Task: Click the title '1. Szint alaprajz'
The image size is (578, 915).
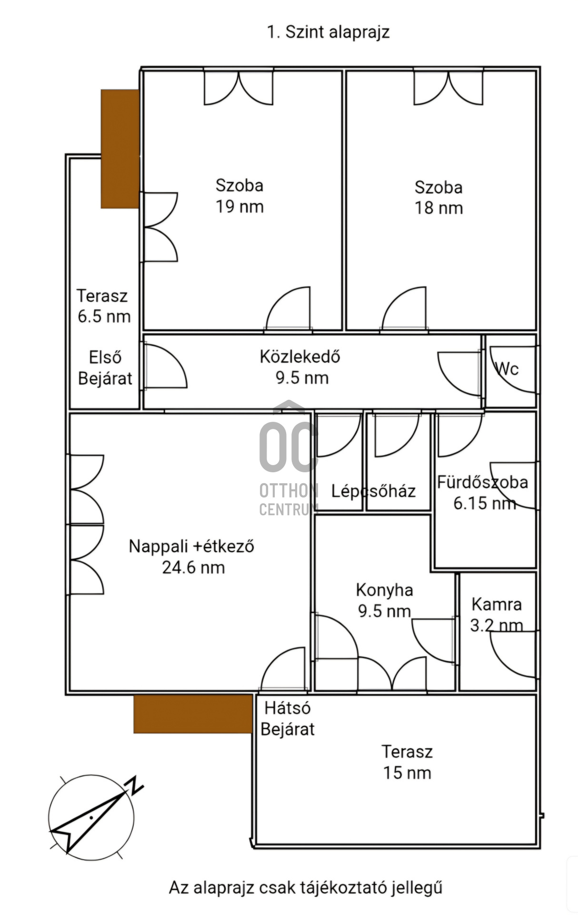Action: click(328, 32)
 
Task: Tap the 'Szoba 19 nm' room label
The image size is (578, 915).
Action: click(239, 196)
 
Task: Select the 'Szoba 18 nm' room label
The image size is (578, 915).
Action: click(438, 198)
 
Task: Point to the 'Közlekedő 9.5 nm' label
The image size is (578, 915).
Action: click(300, 367)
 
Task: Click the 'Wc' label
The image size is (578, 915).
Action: click(507, 368)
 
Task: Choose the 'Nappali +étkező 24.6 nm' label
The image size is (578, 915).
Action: click(192, 557)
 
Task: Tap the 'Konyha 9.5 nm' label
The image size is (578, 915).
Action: click(385, 600)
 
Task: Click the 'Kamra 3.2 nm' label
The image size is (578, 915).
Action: click(497, 615)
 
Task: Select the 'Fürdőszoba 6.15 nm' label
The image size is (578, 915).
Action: click(483, 492)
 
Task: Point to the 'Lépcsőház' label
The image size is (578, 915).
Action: click(373, 491)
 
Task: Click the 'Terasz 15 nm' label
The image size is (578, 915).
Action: click(408, 762)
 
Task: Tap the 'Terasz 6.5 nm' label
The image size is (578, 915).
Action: click(103, 306)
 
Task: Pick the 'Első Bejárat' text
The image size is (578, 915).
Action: click(105, 368)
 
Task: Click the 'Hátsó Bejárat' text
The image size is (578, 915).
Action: click(288, 719)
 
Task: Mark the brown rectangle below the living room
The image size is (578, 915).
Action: click(193, 714)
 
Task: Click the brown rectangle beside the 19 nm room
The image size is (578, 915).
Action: click(120, 149)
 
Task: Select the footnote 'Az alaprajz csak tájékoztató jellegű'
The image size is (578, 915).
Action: click(306, 888)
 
